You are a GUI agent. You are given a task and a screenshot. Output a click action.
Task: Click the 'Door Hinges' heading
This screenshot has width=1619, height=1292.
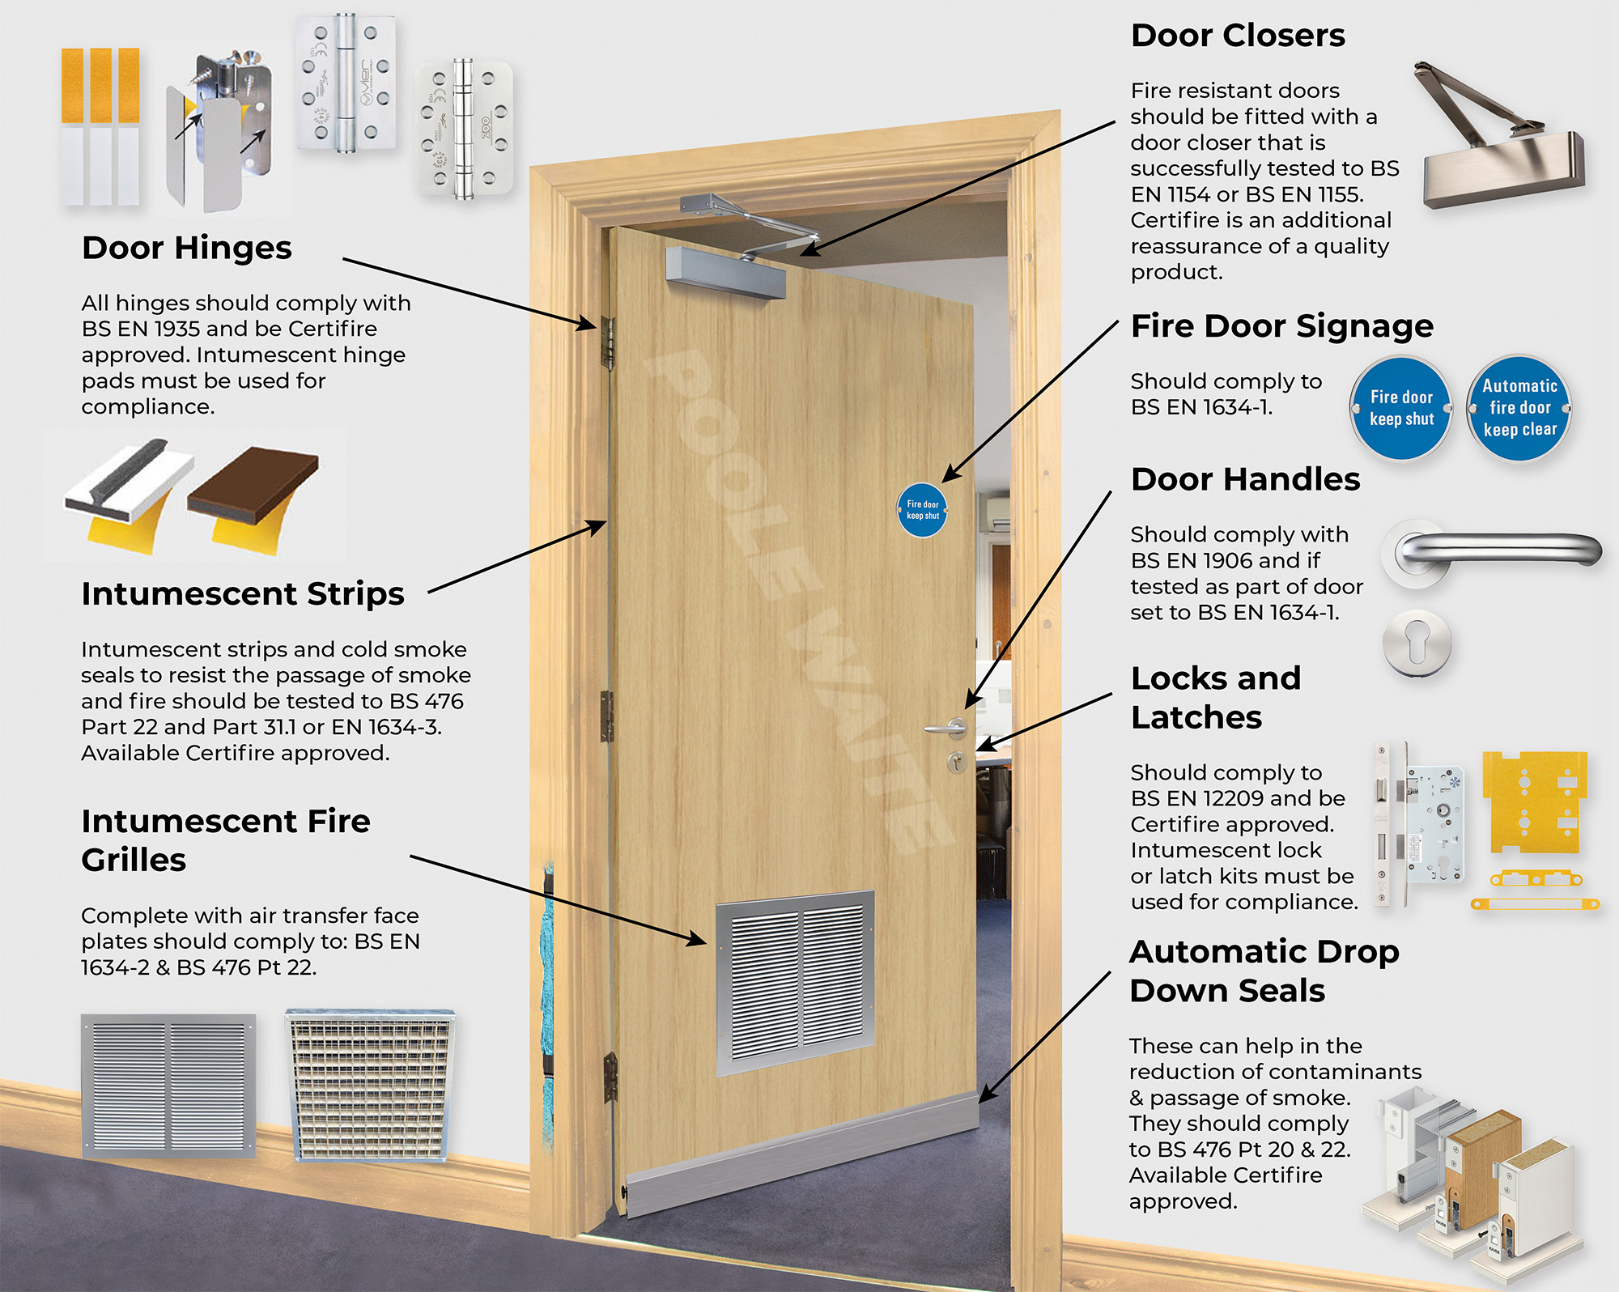pyautogui.click(x=187, y=248)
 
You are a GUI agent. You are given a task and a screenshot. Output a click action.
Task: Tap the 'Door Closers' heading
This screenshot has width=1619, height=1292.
pyautogui.click(x=1238, y=36)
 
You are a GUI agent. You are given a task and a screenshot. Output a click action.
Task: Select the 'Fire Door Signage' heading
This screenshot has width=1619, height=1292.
pyautogui.click(x=1281, y=326)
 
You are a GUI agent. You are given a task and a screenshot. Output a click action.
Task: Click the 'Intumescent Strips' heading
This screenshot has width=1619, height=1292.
pyautogui.click(x=243, y=594)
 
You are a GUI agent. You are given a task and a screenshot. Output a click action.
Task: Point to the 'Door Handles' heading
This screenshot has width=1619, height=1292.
pyautogui.click(x=1245, y=479)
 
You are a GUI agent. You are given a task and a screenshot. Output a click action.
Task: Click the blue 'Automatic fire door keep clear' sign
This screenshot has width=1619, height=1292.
pyautogui.click(x=1519, y=408)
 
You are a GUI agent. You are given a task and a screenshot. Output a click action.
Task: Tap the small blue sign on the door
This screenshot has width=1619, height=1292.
pyautogui.click(x=922, y=510)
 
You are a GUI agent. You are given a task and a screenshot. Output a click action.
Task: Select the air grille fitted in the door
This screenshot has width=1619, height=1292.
pyautogui.click(x=795, y=981)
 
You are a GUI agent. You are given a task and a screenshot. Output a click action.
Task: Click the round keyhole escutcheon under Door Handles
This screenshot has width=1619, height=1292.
pyautogui.click(x=1416, y=644)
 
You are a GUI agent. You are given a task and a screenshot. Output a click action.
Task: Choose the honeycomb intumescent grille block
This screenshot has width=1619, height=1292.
pyautogui.click(x=370, y=1085)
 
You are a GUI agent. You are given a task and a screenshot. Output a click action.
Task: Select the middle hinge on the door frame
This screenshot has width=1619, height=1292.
pyautogui.click(x=607, y=716)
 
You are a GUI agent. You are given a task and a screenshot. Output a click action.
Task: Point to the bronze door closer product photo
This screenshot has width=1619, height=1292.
pyautogui.click(x=1498, y=146)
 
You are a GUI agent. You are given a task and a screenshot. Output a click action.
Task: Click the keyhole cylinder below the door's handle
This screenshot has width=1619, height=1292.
pyautogui.click(x=957, y=762)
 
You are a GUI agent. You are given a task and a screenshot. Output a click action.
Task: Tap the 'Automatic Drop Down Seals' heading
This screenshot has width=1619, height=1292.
pyautogui.click(x=1264, y=971)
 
